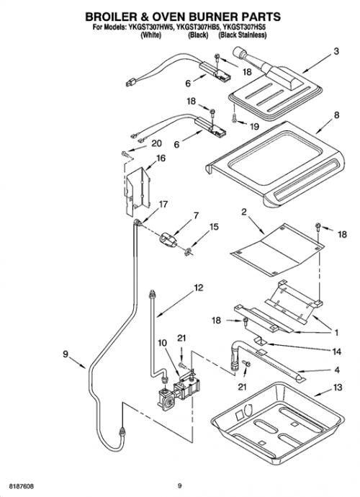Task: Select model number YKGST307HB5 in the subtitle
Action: [x=198, y=27]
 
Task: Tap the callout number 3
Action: [x=336, y=51]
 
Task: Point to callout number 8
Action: [x=336, y=115]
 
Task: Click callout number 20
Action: [x=156, y=143]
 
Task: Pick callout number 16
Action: [x=161, y=158]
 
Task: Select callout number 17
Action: [x=163, y=204]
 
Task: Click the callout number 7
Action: [x=196, y=215]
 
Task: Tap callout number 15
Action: [x=215, y=227]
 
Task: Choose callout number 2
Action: [x=243, y=212]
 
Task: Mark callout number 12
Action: [x=199, y=288]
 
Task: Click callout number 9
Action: [x=66, y=354]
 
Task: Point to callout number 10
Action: [x=162, y=343]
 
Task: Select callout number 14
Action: [x=336, y=352]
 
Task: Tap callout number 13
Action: [x=338, y=387]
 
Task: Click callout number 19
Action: [x=254, y=127]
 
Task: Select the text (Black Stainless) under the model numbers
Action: [x=242, y=35]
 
